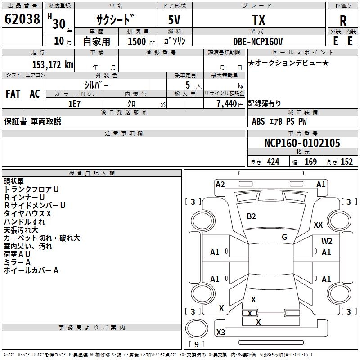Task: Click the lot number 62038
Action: (22, 19)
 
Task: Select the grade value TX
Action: (258, 20)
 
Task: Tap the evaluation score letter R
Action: (343, 20)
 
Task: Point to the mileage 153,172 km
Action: (52, 64)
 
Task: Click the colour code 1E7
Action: (74, 103)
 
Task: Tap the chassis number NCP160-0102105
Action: (302, 143)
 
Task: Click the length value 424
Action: (273, 162)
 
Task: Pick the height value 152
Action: (346, 162)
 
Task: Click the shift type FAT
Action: (13, 94)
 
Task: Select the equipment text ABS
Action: (258, 121)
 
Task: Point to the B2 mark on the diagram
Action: (251, 216)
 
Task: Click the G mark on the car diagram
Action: (284, 237)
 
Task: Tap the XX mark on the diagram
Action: (318, 225)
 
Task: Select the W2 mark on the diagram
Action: (327, 241)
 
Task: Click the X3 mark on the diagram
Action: (221, 332)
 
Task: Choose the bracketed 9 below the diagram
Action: (196, 345)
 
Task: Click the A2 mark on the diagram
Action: (220, 184)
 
